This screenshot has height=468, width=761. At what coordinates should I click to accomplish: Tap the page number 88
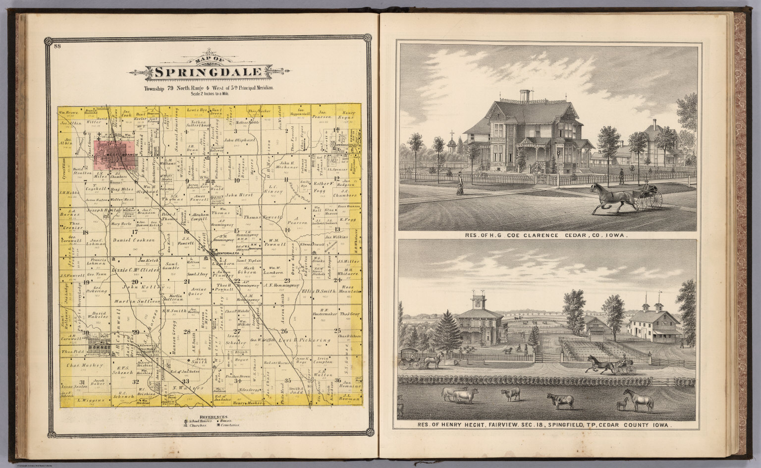pos(58,47)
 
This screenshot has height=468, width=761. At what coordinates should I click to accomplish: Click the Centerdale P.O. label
pos(224,255)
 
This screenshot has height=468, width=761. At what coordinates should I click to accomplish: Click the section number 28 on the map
pos(187,332)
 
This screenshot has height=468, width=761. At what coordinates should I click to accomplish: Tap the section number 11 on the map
pos(287,191)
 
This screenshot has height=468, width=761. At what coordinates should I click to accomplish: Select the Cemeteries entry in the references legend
pos(229,425)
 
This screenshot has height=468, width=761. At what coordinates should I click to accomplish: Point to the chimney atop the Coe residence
pos(525,96)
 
